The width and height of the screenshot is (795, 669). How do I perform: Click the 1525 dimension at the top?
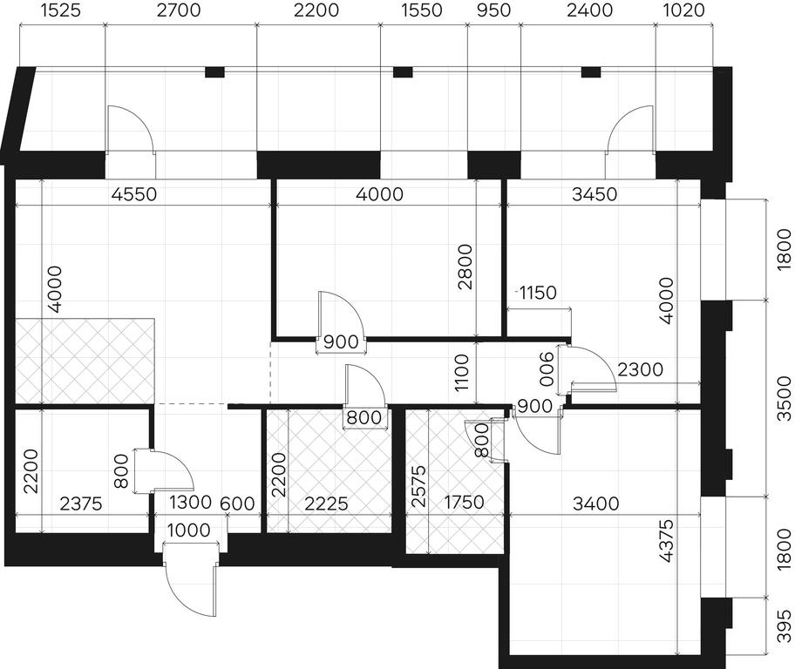coord(60,10)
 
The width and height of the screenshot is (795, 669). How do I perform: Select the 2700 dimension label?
coord(179,10)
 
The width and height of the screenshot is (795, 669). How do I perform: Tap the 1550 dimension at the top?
coord(422,10)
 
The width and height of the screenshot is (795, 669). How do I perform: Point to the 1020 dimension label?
coord(684,10)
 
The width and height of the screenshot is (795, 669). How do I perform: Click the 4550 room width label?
coord(134,193)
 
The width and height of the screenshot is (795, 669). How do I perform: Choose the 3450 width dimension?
coord(595,193)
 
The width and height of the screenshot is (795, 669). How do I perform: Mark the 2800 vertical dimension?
coord(465,267)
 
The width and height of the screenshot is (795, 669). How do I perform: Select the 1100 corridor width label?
coord(462,373)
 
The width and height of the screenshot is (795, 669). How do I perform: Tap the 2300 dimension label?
coord(641,369)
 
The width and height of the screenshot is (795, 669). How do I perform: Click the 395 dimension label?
coord(784,625)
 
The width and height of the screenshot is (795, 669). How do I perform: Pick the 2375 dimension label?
coord(81,503)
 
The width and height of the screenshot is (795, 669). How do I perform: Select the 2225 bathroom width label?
coord(327,503)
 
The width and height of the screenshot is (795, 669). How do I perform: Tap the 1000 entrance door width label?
coord(188,530)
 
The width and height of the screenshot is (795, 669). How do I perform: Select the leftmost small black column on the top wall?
coord(214,72)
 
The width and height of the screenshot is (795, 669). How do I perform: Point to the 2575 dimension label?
coord(418,487)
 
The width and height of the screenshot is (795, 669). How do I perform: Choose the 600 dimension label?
coord(237,503)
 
